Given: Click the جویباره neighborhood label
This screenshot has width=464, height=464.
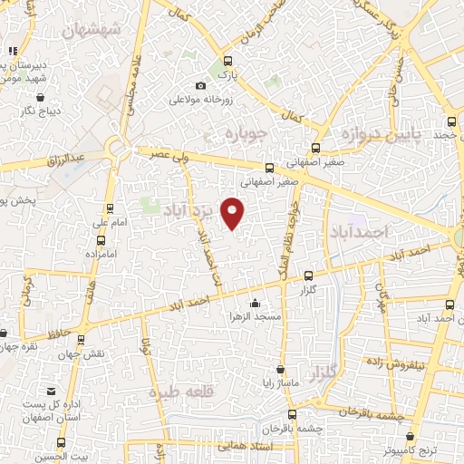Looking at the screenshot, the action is point(243,135).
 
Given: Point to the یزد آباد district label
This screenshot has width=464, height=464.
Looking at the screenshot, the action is point(192,210).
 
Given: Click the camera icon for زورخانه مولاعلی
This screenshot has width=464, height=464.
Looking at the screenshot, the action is point(199,86).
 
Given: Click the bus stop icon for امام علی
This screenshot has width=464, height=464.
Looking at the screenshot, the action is point(97,206).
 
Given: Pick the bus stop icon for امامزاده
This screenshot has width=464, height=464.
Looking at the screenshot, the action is point(100,241).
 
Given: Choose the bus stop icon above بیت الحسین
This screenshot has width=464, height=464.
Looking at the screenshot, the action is point(62,442).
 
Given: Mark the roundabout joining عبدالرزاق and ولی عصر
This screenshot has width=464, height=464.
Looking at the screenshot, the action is point(117,147).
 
